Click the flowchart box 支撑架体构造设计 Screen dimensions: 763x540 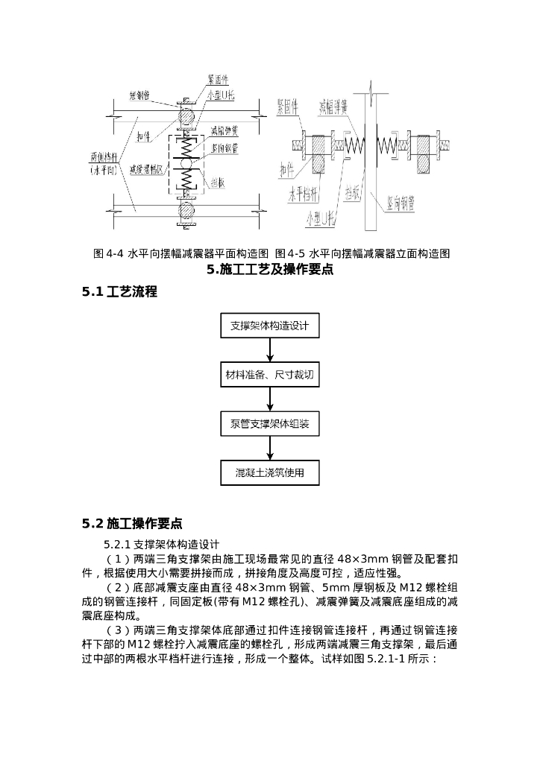[269, 326]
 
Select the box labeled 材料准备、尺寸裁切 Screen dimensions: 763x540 [269, 376]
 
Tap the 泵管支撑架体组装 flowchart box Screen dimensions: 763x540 [269, 424]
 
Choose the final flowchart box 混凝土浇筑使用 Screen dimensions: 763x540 [269, 472]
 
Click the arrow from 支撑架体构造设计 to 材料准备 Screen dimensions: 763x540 [269, 351]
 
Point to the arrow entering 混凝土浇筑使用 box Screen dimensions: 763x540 [269, 449]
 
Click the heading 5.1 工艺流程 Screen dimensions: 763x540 [119, 292]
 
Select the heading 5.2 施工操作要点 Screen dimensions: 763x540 [132, 523]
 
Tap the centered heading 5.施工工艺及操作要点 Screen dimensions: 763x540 [269, 270]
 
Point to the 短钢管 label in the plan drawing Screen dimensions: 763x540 [142, 95]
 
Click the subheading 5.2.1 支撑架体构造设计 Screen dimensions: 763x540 [161, 544]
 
